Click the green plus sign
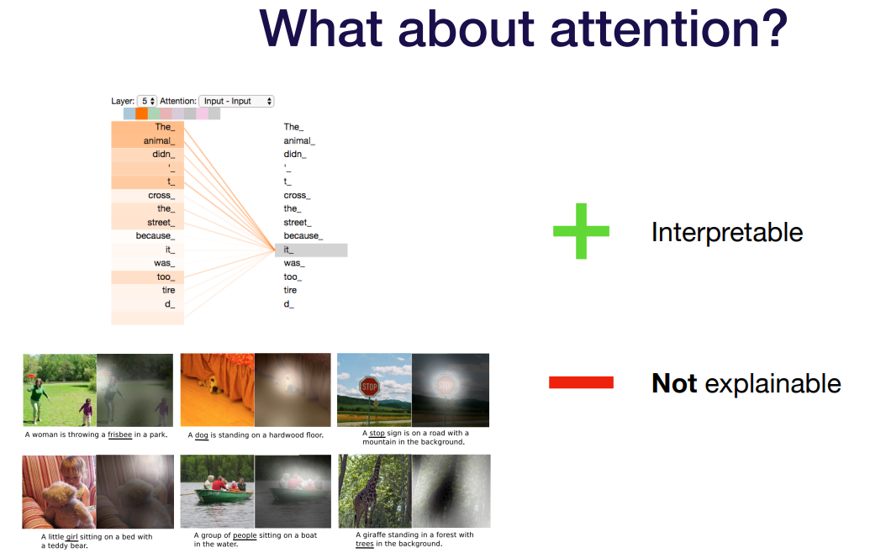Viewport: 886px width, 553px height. click(581, 231)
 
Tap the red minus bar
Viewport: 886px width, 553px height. click(581, 382)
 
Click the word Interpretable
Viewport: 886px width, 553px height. click(726, 232)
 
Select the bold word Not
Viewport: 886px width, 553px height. click(674, 383)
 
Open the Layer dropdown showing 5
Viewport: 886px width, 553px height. click(147, 101)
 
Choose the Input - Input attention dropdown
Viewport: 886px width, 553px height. click(236, 101)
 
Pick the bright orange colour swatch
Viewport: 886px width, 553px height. click(141, 113)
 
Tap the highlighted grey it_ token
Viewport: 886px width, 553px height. click(311, 250)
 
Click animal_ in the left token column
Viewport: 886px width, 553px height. click(159, 140)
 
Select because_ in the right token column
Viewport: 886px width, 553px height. click(303, 235)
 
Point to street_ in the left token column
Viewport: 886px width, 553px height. click(161, 223)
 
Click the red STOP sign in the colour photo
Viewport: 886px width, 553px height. click(369, 387)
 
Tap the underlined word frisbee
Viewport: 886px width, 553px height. click(120, 435)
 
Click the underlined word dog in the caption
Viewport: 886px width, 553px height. click(202, 435)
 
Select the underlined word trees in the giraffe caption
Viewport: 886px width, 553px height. click(365, 544)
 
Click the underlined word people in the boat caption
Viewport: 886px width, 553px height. click(245, 535)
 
